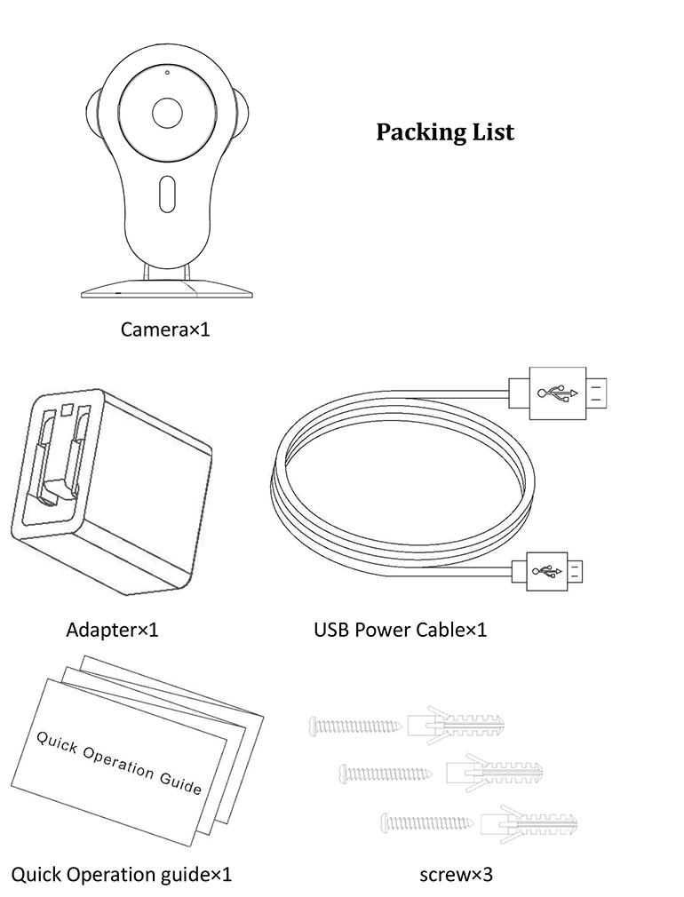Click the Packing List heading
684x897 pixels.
(x=444, y=132)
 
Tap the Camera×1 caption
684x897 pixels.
(x=167, y=330)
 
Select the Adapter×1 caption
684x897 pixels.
(x=112, y=631)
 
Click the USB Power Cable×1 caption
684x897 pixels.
(x=400, y=631)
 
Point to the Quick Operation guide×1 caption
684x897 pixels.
(x=121, y=875)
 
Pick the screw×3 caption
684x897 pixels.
(x=456, y=875)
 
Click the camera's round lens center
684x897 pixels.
(x=166, y=113)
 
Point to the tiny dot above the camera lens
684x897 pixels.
(x=166, y=71)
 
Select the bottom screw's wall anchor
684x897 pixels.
(x=528, y=822)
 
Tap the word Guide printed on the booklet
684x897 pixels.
(x=180, y=782)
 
